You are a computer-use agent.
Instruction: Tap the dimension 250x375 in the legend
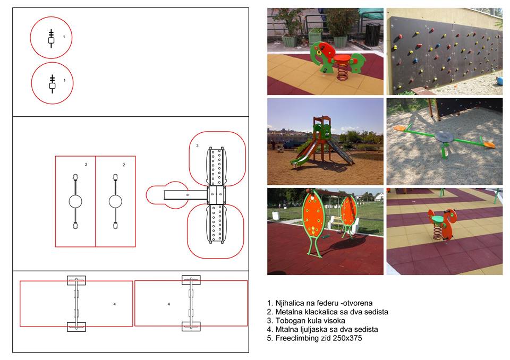(350, 338)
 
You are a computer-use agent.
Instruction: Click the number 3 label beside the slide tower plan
(197, 145)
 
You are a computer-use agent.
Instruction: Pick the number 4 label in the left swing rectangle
(115, 304)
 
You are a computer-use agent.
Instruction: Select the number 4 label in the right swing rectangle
(169, 304)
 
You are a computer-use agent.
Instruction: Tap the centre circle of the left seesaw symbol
(75, 202)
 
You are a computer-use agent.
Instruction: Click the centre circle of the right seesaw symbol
(115, 202)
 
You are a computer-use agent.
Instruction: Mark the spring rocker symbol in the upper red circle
(51, 38)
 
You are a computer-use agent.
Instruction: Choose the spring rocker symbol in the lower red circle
(52, 84)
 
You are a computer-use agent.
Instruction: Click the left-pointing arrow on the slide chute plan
(188, 195)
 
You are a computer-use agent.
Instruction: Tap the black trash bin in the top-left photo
(372, 34)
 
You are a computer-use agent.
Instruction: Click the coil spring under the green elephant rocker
(343, 72)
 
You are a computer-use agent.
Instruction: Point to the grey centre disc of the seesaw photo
(444, 136)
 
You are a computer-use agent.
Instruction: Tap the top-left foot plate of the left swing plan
(76, 280)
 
